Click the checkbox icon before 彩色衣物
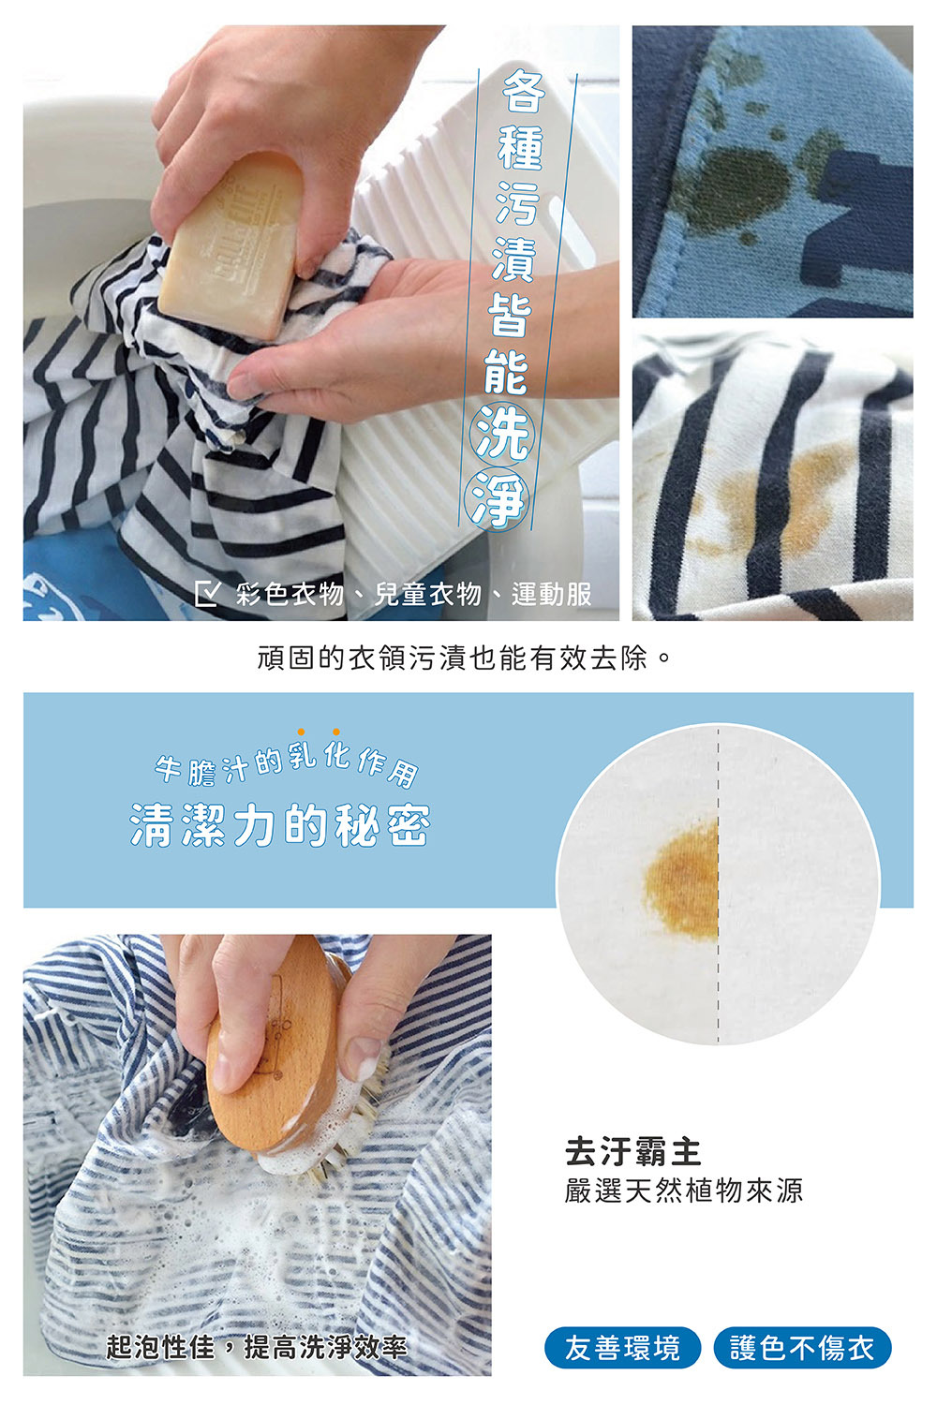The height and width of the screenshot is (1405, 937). coord(206,594)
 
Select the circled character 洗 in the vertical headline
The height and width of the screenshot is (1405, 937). coord(502,433)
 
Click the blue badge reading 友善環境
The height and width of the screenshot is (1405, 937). coord(622,1348)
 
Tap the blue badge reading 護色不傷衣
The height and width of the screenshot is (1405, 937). coord(802,1348)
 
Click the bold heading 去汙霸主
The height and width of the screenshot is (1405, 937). coord(633,1151)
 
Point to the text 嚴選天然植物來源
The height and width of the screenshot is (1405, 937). coord(684,1191)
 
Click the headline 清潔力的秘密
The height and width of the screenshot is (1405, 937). coord(280,825)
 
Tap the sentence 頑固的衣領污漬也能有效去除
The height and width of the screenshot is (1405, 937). coord(465,658)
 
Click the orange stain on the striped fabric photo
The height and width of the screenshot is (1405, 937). coord(778,501)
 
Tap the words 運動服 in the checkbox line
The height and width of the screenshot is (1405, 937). coord(551,594)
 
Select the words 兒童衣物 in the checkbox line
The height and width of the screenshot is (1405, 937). coord(427,594)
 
